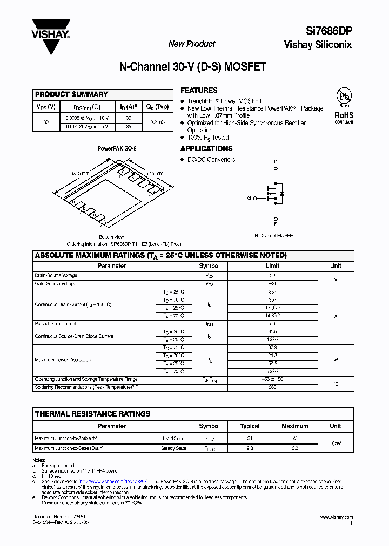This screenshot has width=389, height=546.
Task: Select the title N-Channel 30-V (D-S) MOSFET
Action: tap(192, 67)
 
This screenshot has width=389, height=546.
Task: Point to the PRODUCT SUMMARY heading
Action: tap(71, 94)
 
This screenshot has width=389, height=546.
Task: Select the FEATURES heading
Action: tap(199, 90)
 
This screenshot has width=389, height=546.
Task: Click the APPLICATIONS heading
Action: tap(206, 148)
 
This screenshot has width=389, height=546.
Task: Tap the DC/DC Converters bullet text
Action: tap(211, 160)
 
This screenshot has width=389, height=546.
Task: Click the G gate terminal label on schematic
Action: tap(249, 198)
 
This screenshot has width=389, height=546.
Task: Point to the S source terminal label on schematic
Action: tap(276, 223)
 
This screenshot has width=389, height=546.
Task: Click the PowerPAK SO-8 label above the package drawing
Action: tap(114, 148)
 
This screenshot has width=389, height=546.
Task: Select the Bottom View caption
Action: tap(111, 237)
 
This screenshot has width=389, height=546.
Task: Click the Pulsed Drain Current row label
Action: tap(56, 324)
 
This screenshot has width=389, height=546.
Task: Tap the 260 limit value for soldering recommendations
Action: tap(273, 387)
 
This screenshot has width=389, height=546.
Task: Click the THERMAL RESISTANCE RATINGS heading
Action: tap(92, 414)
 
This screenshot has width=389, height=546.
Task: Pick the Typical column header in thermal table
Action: tap(250, 426)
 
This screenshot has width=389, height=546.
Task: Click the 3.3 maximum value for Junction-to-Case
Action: tap(294, 448)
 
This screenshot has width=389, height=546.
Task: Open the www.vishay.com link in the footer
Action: tap(337, 517)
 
